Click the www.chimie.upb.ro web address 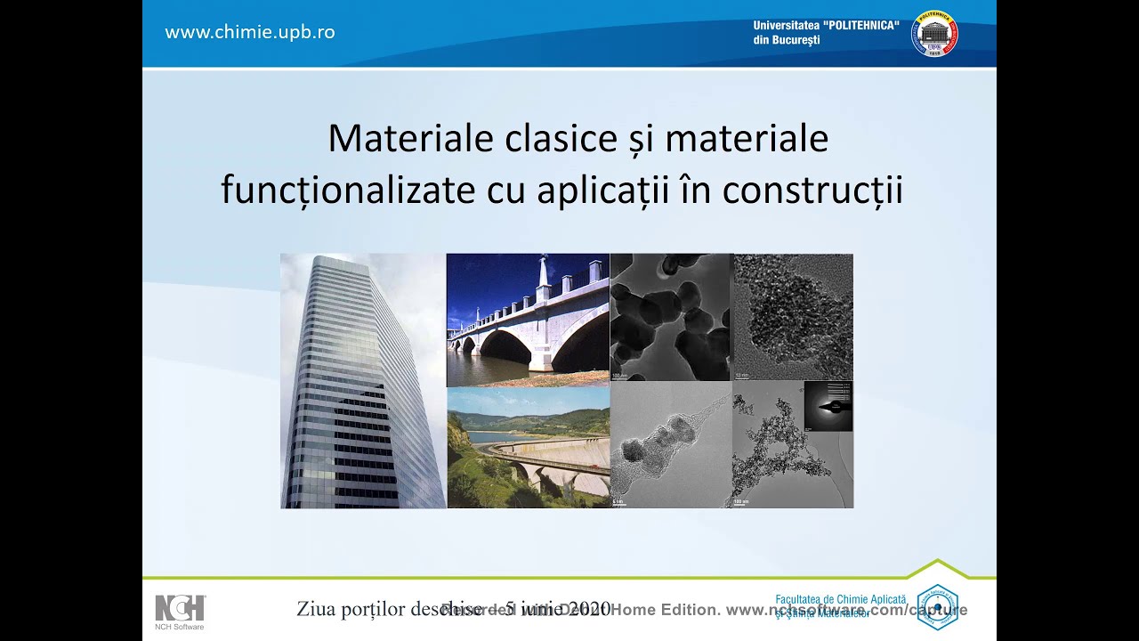point(250,32)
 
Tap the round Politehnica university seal point(934,34)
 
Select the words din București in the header point(786,40)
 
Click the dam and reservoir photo point(527,448)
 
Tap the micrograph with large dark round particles point(670,317)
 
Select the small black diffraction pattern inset point(828,407)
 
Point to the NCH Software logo point(180,612)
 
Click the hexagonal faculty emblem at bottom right point(937,607)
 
